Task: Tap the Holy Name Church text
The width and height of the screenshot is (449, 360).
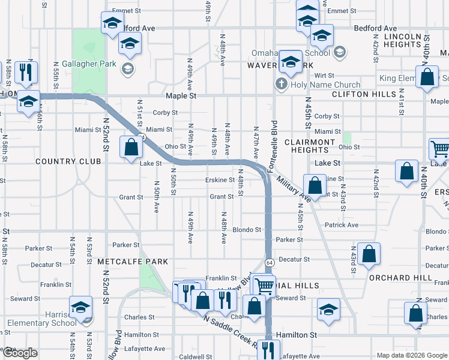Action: pyautogui.click(x=325, y=85)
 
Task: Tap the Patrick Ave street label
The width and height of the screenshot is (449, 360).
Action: pyautogui.click(x=341, y=225)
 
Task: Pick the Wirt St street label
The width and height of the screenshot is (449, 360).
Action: pyautogui.click(x=324, y=76)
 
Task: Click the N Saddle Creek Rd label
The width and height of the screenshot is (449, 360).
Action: pyautogui.click(x=231, y=334)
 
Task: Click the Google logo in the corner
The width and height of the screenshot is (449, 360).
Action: pyautogui.click(x=20, y=353)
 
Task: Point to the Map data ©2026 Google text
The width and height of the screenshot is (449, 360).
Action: pyautogui.click(x=411, y=355)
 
